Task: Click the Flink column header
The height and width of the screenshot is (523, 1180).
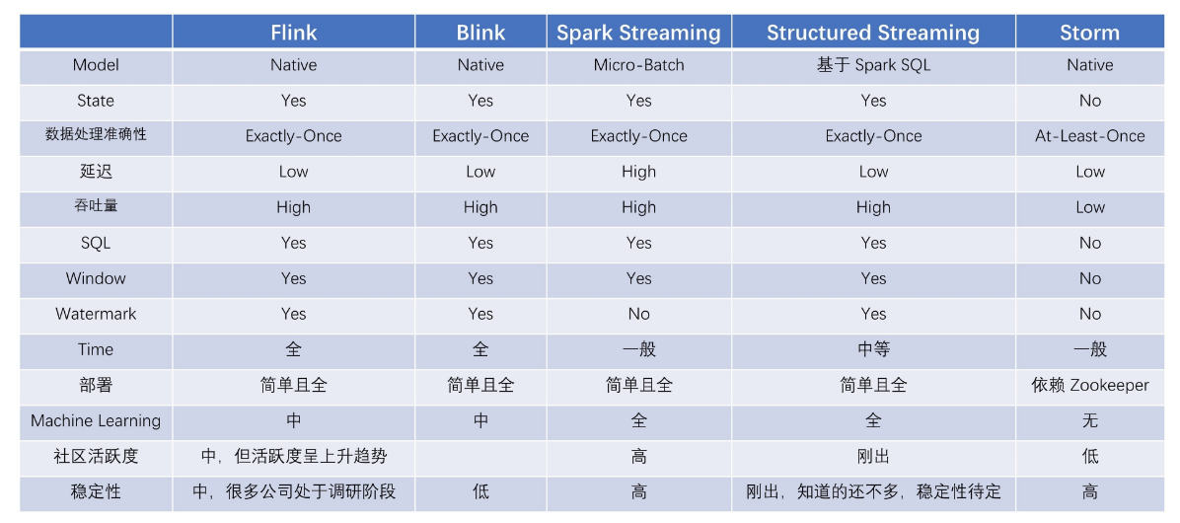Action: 293,33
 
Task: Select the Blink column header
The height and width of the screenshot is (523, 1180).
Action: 480,33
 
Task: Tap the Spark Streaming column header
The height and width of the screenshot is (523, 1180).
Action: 638,33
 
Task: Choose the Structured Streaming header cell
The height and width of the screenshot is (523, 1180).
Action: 873,33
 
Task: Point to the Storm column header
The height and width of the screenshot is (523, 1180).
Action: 1089,33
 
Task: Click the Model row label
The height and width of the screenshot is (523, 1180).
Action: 96,65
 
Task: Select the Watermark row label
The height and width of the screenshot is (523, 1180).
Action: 96,314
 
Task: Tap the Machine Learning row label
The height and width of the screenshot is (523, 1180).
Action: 96,420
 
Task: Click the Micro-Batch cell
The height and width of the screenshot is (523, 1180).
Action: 638,65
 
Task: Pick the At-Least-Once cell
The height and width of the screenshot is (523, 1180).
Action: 1089,136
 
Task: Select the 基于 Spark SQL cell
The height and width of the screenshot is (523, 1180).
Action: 873,65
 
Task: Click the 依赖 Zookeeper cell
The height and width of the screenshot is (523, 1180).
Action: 1089,385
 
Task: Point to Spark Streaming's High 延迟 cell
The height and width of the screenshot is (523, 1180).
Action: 638,172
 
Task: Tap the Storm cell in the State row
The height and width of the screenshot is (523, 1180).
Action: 1089,101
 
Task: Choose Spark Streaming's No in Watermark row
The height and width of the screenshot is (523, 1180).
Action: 638,314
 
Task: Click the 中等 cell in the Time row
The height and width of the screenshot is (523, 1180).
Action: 873,349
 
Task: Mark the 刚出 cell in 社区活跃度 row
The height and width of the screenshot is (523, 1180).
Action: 873,456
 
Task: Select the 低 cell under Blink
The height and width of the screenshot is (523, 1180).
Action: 480,491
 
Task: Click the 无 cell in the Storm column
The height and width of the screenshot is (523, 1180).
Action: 1089,420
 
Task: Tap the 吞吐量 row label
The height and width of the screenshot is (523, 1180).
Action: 96,207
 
